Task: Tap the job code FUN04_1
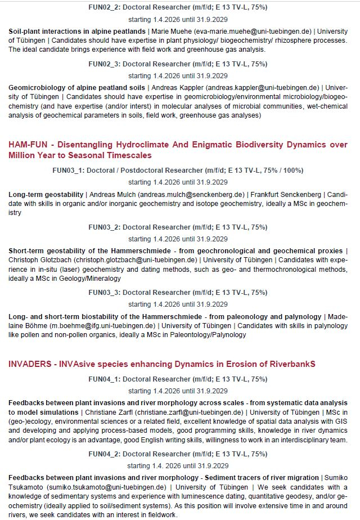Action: click(x=104, y=380)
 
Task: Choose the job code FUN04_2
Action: click(x=104, y=454)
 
